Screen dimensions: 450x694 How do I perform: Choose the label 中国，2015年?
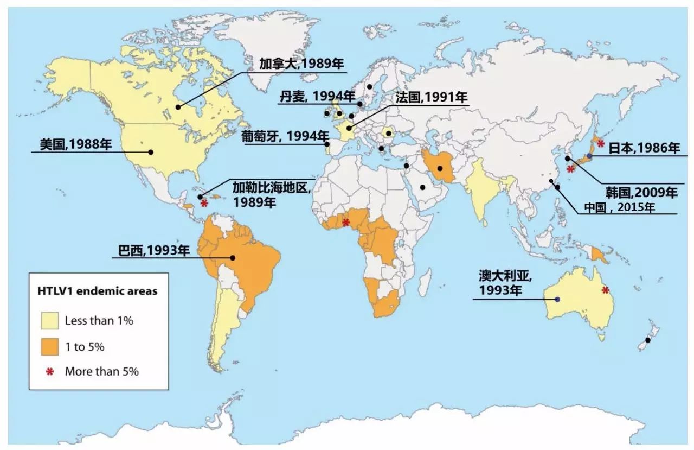619,207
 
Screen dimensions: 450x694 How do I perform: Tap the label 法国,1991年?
432,98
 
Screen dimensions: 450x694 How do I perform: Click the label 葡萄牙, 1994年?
286,136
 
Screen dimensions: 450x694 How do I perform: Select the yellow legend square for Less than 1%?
49,320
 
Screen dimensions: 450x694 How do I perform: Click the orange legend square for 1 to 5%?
49,346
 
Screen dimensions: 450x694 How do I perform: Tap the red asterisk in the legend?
50,372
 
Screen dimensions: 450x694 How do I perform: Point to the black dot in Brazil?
233,258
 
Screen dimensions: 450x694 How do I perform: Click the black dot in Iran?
440,168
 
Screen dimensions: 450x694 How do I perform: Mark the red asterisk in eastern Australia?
606,290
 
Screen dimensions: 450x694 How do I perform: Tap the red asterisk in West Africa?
345,221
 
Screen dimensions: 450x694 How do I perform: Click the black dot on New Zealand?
647,340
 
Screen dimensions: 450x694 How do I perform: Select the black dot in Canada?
178,107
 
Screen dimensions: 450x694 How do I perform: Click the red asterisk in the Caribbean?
204,204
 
